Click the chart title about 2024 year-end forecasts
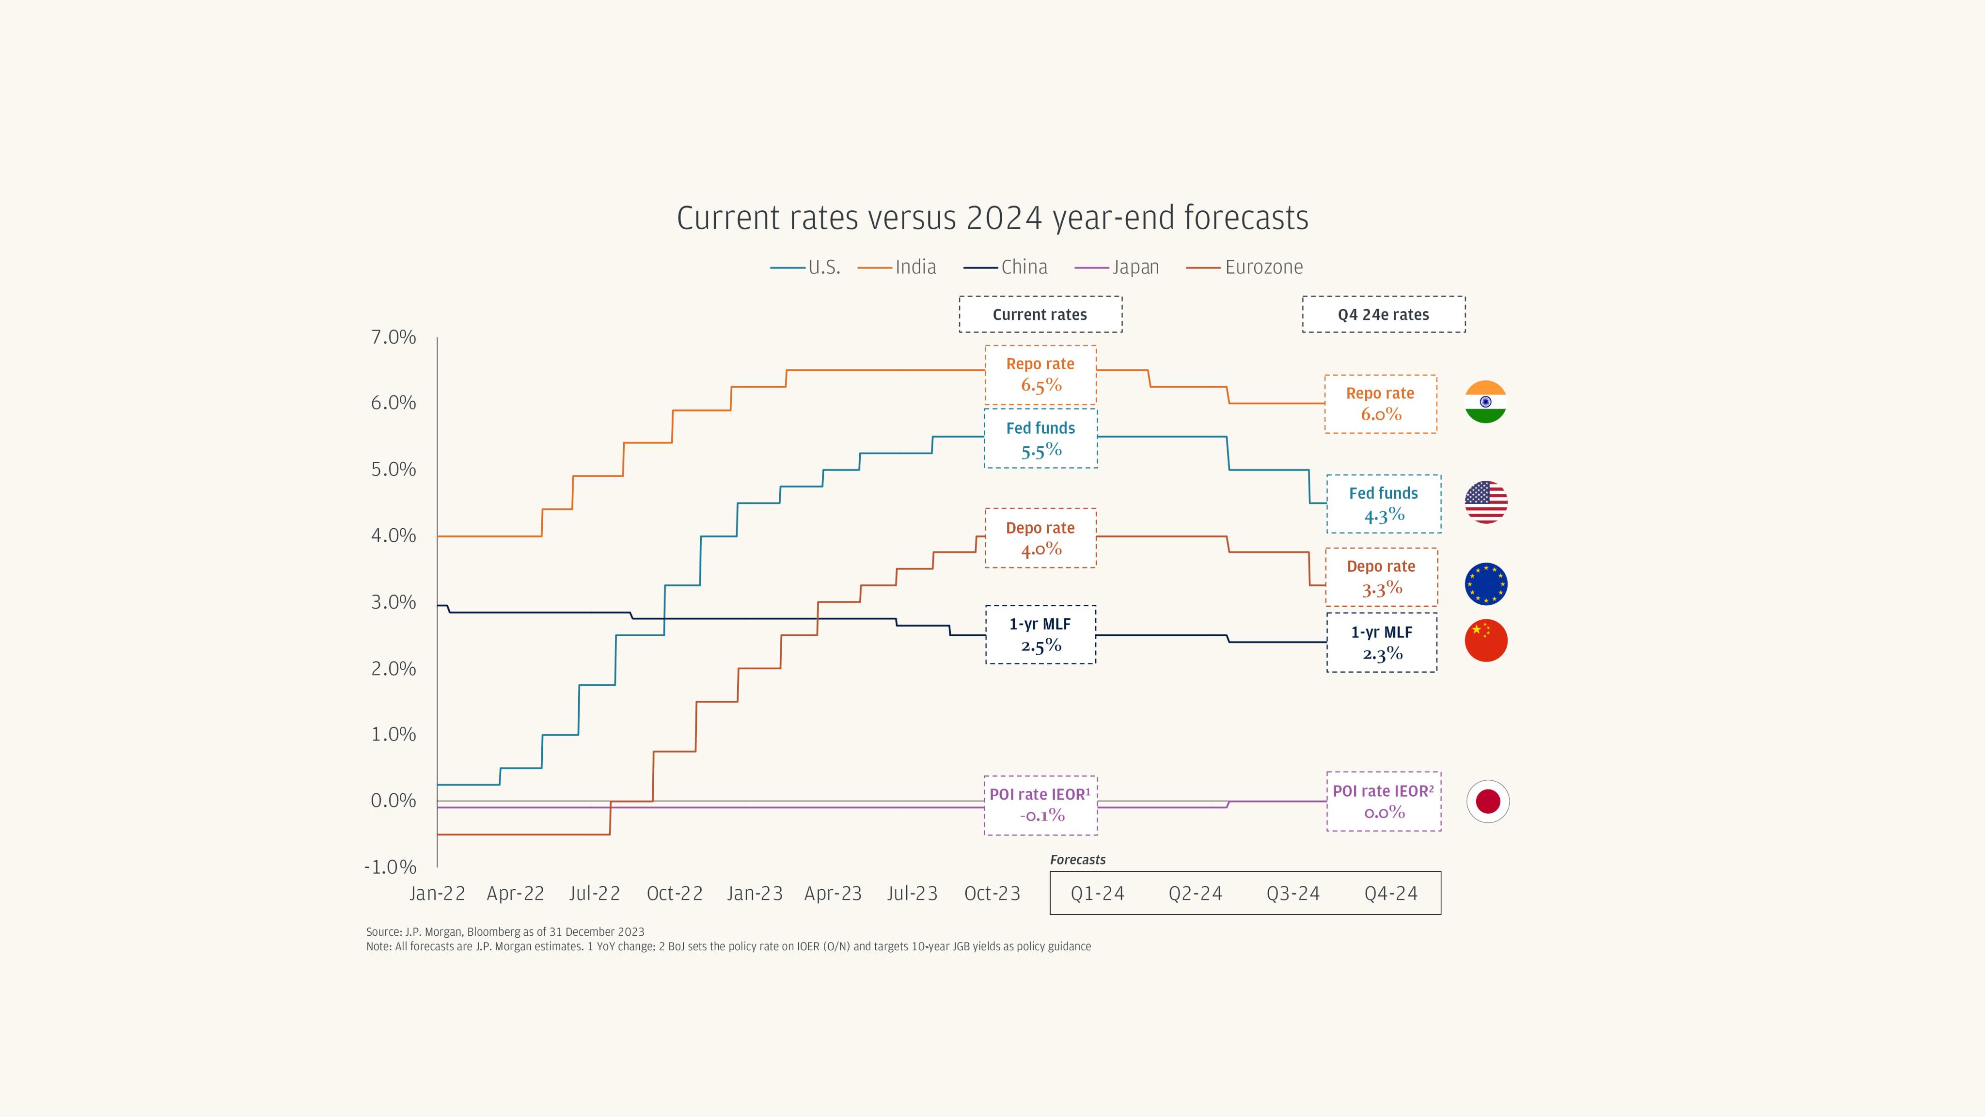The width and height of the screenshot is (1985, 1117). coord(992,218)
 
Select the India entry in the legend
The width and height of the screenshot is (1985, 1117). coord(897,267)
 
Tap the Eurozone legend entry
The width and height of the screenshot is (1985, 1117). coord(1245,267)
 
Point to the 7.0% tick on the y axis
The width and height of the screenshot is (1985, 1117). coord(393,337)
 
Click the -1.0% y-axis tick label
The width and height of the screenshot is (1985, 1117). coord(390,867)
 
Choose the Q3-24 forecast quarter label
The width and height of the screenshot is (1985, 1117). coord(1293,894)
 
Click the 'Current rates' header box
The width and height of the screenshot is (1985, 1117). coord(1040,315)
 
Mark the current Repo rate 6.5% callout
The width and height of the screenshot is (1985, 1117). coord(1040,375)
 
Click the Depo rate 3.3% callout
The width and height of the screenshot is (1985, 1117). coord(1381,578)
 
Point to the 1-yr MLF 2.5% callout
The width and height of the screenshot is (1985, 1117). coord(1040,635)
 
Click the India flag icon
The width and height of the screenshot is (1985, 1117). coord(1486,402)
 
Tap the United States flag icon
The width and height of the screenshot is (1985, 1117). coord(1486,502)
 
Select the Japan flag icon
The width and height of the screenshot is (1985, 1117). coord(1487,801)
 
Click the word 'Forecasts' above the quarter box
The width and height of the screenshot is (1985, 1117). coord(1077,860)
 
